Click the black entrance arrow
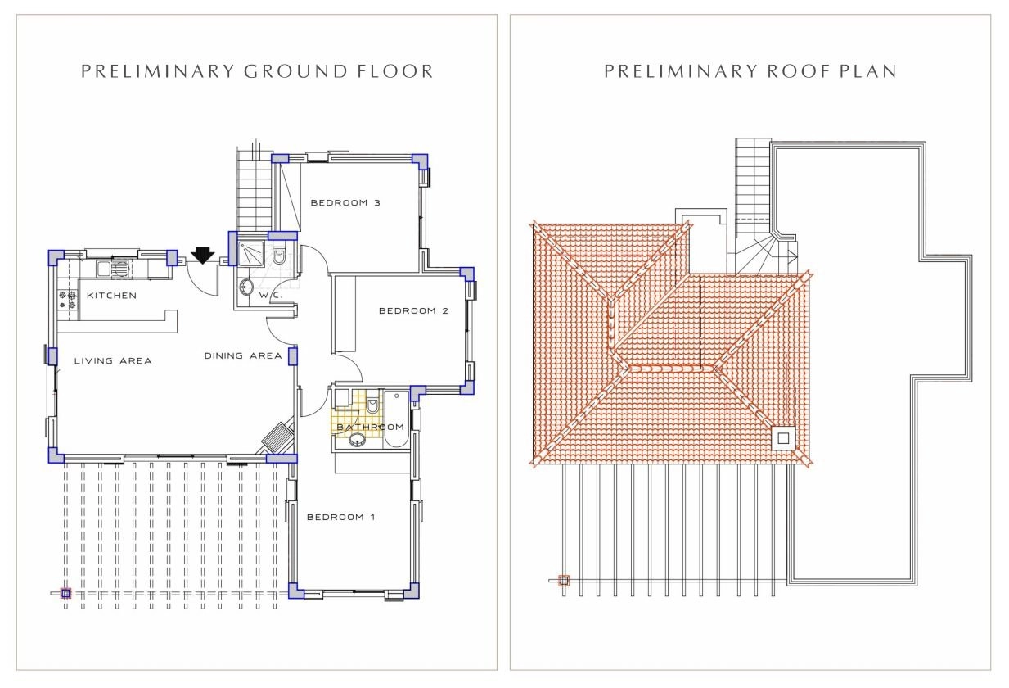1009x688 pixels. [x=202, y=256]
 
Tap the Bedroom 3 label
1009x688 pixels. [x=345, y=203]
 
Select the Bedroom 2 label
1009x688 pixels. [x=413, y=310]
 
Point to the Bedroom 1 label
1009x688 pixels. [x=340, y=517]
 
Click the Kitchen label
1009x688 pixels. [x=111, y=296]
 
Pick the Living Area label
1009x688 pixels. [x=113, y=360]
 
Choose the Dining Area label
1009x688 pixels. [x=243, y=355]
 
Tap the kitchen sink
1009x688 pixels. [x=114, y=269]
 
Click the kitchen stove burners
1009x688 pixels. [x=68, y=301]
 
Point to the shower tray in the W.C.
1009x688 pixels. [x=251, y=252]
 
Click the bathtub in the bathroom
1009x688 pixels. [x=396, y=419]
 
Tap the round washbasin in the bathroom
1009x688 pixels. [x=357, y=440]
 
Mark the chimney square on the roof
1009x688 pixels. [x=783, y=437]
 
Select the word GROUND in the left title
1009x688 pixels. [x=295, y=71]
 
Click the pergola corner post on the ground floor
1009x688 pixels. [x=65, y=593]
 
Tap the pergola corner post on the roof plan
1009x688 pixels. [x=564, y=581]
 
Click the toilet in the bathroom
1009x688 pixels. [x=372, y=405]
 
